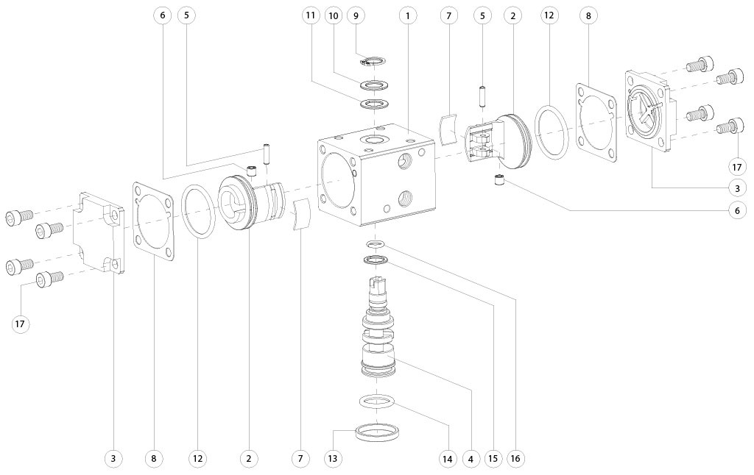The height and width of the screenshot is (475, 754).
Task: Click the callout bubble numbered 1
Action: tap(407, 15)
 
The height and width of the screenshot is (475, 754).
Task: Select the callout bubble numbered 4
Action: tap(470, 459)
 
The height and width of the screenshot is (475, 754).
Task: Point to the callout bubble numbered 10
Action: tap(334, 15)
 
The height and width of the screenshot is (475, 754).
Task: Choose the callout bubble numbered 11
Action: tap(311, 15)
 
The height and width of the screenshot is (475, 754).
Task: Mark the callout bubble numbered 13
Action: tap(334, 459)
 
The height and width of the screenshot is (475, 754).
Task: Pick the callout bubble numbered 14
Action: tap(447, 459)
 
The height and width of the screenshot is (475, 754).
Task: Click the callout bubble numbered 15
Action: tap(493, 459)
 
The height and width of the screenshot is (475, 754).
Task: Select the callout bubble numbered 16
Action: tap(515, 459)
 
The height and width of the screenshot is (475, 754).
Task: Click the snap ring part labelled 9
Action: tap(376, 60)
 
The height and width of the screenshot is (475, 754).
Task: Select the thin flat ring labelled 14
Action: tap(377, 401)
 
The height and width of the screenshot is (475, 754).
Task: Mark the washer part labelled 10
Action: tap(376, 85)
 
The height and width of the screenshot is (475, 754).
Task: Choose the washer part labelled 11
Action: tap(376, 104)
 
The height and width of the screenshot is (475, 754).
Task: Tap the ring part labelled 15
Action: tap(376, 260)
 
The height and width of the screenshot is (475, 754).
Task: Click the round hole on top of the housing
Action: tap(376, 139)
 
